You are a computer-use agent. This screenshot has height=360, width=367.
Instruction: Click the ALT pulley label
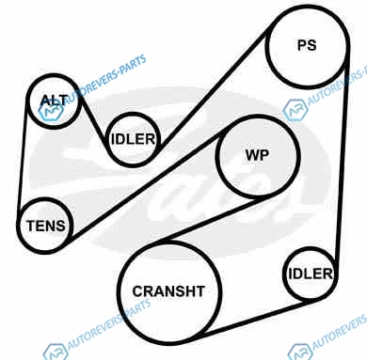tap(55, 101)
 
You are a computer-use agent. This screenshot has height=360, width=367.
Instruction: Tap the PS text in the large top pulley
tap(307, 45)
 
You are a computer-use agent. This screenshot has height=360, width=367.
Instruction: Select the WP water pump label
tap(257, 155)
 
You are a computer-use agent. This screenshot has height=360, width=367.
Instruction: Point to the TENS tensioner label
tap(46, 226)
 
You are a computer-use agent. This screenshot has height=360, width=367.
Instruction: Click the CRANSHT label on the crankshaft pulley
tap(168, 291)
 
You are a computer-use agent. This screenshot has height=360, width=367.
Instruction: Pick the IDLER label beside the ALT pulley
tap(133, 139)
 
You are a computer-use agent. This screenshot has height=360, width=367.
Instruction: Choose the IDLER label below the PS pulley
tap(311, 274)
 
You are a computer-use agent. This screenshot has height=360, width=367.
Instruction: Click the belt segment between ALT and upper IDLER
tap(93, 123)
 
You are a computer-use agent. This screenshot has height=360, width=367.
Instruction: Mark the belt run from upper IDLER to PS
tap(215, 86)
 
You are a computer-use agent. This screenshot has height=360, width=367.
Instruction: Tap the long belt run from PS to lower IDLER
tap(342, 163)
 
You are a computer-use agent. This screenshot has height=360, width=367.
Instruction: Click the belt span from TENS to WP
tap(146, 187)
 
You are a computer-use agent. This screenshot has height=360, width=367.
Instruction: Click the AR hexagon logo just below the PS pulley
tap(295, 110)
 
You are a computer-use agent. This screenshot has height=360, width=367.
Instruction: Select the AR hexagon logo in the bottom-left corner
tap(56, 352)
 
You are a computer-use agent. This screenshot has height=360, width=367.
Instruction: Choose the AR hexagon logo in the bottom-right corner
tap(300, 352)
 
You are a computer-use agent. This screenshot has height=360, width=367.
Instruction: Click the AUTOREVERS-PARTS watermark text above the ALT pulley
tap(105, 79)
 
